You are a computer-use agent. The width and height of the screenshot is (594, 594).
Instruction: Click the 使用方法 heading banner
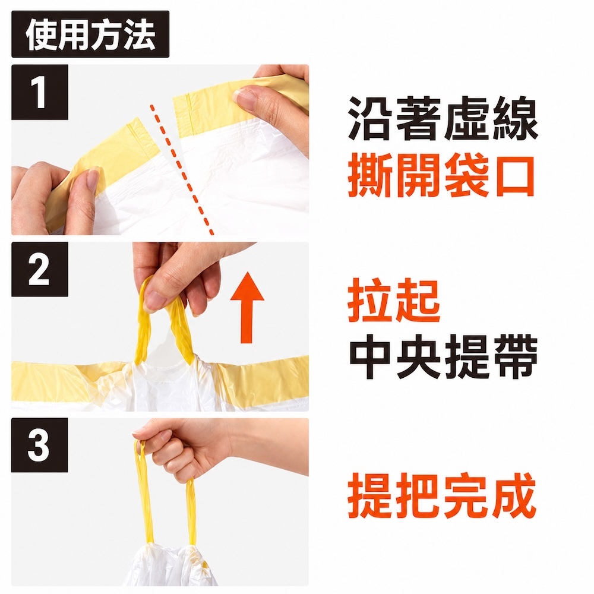(x=90, y=34)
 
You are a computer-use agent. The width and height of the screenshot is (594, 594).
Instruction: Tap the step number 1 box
(x=40, y=92)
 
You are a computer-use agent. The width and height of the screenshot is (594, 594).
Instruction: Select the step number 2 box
(x=40, y=269)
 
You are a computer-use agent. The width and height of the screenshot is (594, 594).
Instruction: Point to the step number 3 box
(x=40, y=445)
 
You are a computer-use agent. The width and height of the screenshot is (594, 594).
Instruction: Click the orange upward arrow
(x=247, y=307)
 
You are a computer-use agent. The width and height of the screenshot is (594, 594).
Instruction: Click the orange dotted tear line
(x=182, y=170)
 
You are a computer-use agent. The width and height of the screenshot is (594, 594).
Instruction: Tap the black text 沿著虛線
(x=443, y=119)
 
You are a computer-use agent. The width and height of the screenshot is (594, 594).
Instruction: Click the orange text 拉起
(x=394, y=300)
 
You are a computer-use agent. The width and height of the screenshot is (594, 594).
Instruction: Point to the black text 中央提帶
(x=443, y=357)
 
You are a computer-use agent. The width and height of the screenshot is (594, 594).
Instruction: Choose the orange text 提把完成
(x=442, y=495)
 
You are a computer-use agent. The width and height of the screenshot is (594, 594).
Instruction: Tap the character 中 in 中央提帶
(x=371, y=357)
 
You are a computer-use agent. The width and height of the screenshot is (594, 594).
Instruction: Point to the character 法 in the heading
(x=140, y=35)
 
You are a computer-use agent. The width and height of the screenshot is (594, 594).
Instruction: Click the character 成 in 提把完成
(x=514, y=495)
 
